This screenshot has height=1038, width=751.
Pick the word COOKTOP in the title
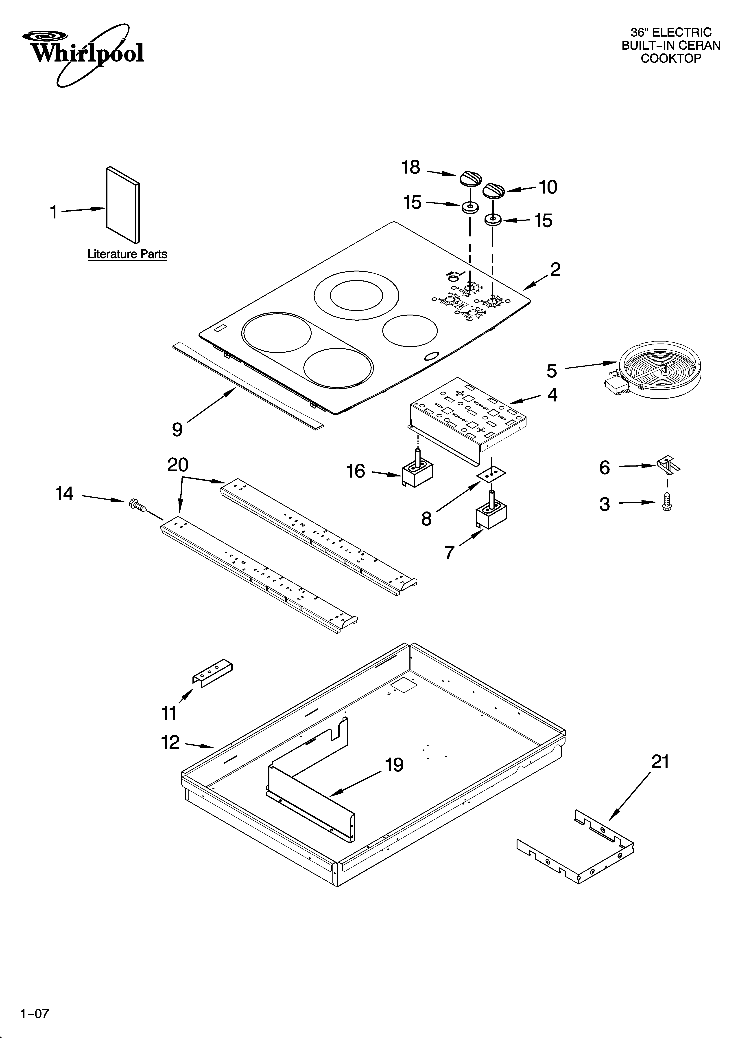pos(670,59)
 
